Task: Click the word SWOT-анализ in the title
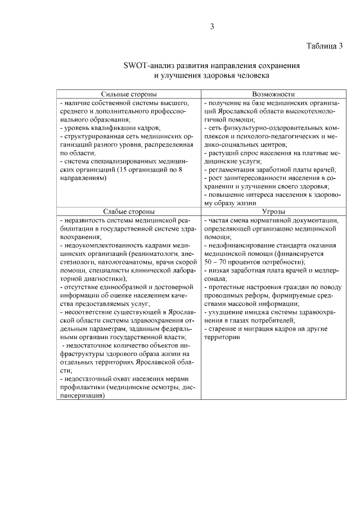(x=148, y=65)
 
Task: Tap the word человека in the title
(x=253, y=74)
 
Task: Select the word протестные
(x=229, y=286)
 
